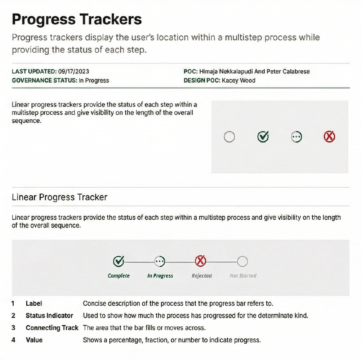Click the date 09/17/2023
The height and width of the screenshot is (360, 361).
(x=74, y=71)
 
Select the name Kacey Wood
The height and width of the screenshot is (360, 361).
(x=239, y=80)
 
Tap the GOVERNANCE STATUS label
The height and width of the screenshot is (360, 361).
(x=45, y=80)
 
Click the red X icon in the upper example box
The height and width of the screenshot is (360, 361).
(x=330, y=136)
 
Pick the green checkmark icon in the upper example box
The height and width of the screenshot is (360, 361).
(x=263, y=136)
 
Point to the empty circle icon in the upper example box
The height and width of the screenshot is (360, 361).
(x=229, y=136)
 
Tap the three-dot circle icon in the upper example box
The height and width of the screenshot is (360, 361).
(x=296, y=137)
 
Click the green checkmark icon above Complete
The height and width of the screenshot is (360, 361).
(x=119, y=261)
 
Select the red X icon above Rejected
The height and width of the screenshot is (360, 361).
(x=201, y=261)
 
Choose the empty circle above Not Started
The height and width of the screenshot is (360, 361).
(x=242, y=261)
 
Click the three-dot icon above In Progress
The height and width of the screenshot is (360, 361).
(x=160, y=261)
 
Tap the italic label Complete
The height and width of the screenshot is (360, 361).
(x=119, y=276)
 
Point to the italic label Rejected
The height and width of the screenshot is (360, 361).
(x=202, y=276)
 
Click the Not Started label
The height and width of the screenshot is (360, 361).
(x=243, y=275)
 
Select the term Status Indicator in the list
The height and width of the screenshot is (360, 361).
(x=49, y=316)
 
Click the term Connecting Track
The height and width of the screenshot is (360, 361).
(x=52, y=328)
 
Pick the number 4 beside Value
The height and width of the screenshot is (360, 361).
(x=13, y=340)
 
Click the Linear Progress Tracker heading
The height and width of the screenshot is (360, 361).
(x=59, y=197)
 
